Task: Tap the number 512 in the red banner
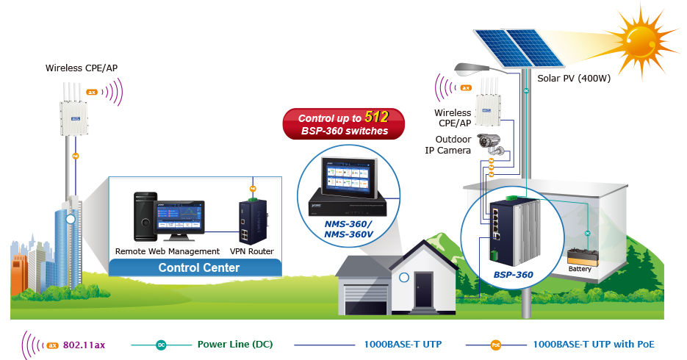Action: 377,116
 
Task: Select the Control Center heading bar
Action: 198,268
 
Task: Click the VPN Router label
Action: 252,251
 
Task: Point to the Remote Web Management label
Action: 168,251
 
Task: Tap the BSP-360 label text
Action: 513,275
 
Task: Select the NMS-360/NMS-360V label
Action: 348,228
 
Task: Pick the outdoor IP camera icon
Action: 492,143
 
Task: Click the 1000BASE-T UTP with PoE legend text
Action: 593,344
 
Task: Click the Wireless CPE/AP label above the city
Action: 81,68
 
